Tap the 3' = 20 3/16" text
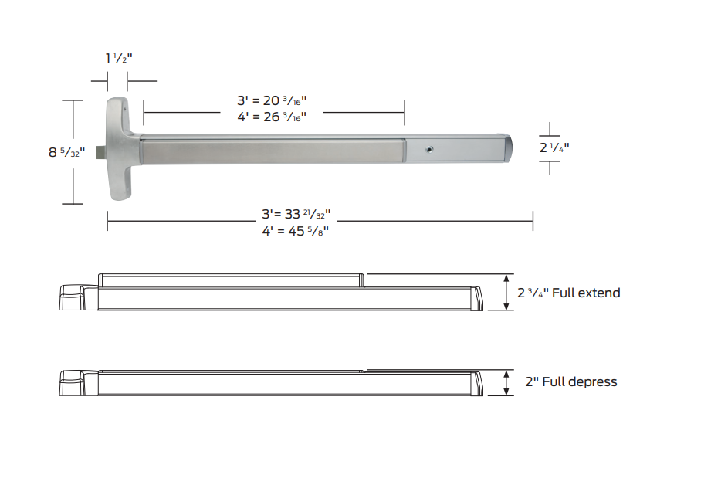coord(272,100)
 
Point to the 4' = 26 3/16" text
coord(272,117)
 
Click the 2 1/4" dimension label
coord(554,147)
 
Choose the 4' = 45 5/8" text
coord(296,230)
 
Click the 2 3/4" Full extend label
coord(568,293)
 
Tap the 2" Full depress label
coord(570,381)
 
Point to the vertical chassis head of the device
coord(119,150)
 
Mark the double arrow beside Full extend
coord(506,292)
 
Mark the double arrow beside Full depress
coord(506,382)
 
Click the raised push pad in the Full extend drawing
coord(232,280)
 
